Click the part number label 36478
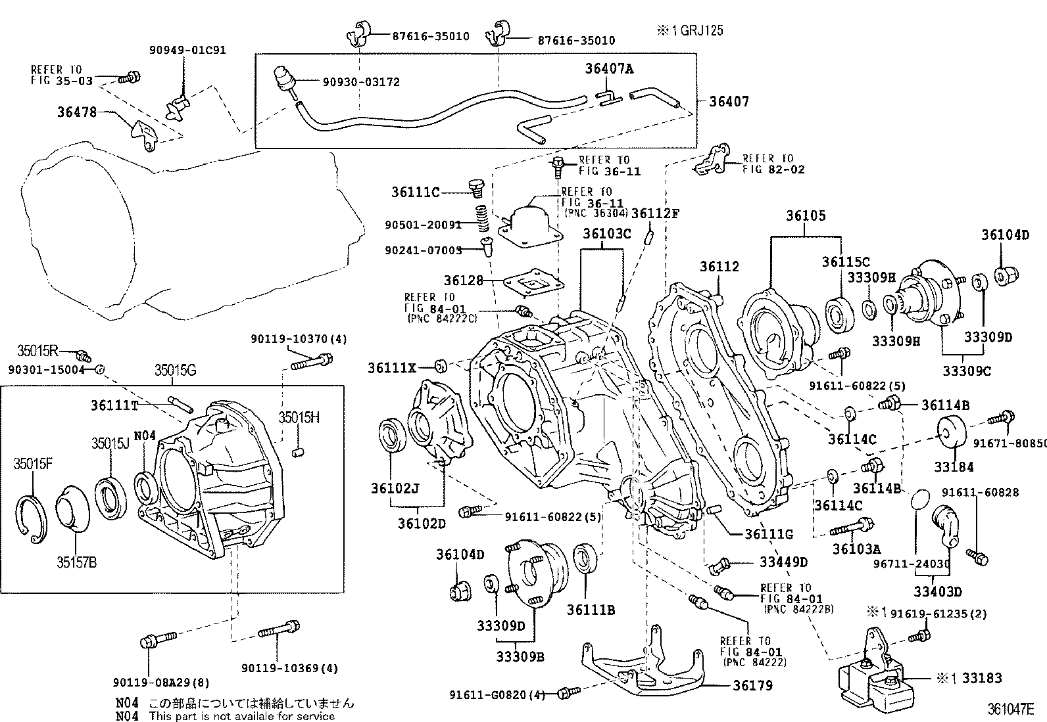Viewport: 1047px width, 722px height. (77, 112)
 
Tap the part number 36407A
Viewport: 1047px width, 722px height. (609, 68)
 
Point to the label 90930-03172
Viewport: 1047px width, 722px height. (361, 82)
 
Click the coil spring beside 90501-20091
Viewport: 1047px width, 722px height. (483, 218)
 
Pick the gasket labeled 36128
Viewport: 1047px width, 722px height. (533, 282)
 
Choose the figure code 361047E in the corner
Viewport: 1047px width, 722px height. (1011, 709)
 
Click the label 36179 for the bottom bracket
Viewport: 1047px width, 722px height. (752, 686)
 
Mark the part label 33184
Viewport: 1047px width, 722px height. (954, 466)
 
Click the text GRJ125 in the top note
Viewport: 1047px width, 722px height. (702, 31)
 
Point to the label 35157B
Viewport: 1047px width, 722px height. (77, 562)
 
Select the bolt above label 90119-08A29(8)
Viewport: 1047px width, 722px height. (158, 640)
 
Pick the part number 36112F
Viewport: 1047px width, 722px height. (655, 214)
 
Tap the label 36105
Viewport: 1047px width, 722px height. (806, 215)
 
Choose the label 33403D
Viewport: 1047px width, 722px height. (938, 592)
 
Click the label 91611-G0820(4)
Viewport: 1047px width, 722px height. (497, 695)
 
